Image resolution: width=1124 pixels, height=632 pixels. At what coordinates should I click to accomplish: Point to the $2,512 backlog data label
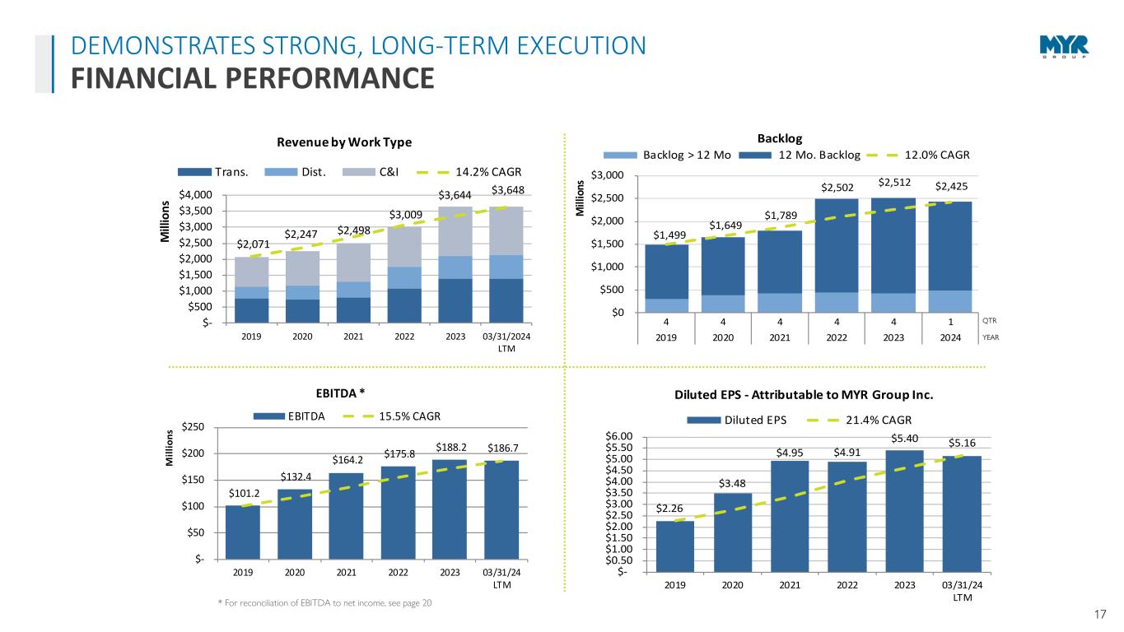(893, 182)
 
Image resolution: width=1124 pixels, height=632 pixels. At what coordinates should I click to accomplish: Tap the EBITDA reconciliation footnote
(324, 604)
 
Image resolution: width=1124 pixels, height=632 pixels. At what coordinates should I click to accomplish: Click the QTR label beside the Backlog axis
(991, 320)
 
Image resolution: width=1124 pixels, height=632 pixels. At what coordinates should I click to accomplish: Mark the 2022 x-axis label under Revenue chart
(404, 337)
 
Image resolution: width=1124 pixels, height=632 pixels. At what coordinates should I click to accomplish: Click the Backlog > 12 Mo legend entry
(668, 156)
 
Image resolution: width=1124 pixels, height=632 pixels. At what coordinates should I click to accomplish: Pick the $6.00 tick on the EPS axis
(620, 436)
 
